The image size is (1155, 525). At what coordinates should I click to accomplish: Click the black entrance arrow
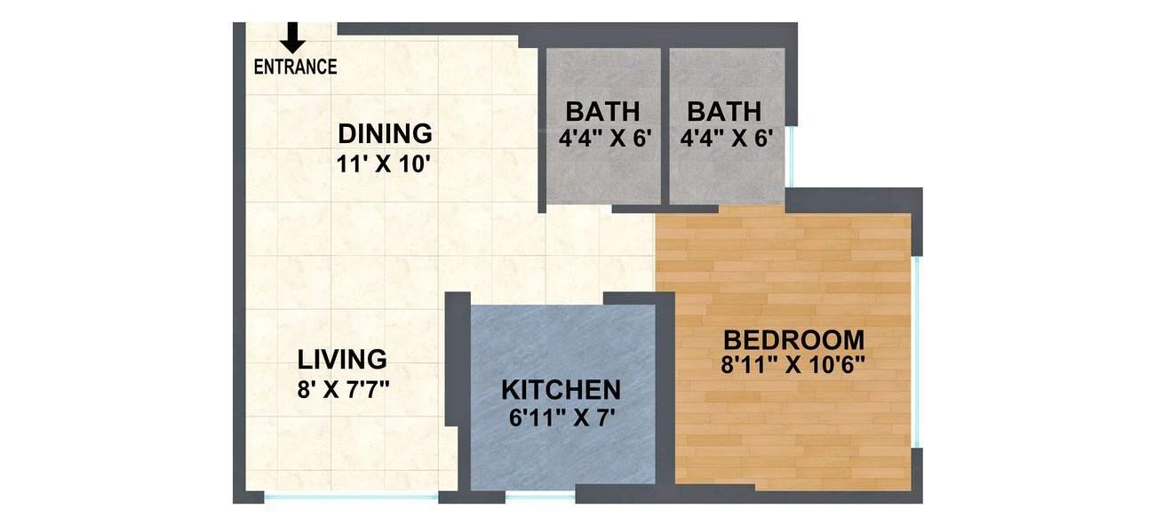(292, 37)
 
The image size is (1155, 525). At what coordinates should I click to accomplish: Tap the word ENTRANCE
(295, 67)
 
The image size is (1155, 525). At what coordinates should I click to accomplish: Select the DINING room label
(385, 134)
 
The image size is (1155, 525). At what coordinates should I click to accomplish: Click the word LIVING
(342, 360)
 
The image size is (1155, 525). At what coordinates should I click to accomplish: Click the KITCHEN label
(561, 390)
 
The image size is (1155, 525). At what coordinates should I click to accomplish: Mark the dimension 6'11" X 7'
(561, 418)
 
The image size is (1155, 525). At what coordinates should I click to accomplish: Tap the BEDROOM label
(793, 339)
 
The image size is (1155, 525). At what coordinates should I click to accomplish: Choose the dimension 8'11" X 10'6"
(793, 364)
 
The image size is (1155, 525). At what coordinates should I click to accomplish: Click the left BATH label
(602, 112)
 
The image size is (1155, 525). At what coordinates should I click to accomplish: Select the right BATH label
(724, 112)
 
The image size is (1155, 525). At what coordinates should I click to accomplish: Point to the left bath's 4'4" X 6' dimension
(602, 139)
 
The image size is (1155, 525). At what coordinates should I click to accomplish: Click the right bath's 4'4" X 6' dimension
(724, 139)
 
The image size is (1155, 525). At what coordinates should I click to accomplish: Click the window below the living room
(352, 497)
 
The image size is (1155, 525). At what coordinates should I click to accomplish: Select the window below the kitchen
(540, 496)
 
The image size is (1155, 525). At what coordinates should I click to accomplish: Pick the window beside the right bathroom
(790, 155)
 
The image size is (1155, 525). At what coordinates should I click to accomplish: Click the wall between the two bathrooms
(665, 124)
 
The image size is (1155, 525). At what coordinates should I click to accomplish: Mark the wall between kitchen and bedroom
(665, 391)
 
